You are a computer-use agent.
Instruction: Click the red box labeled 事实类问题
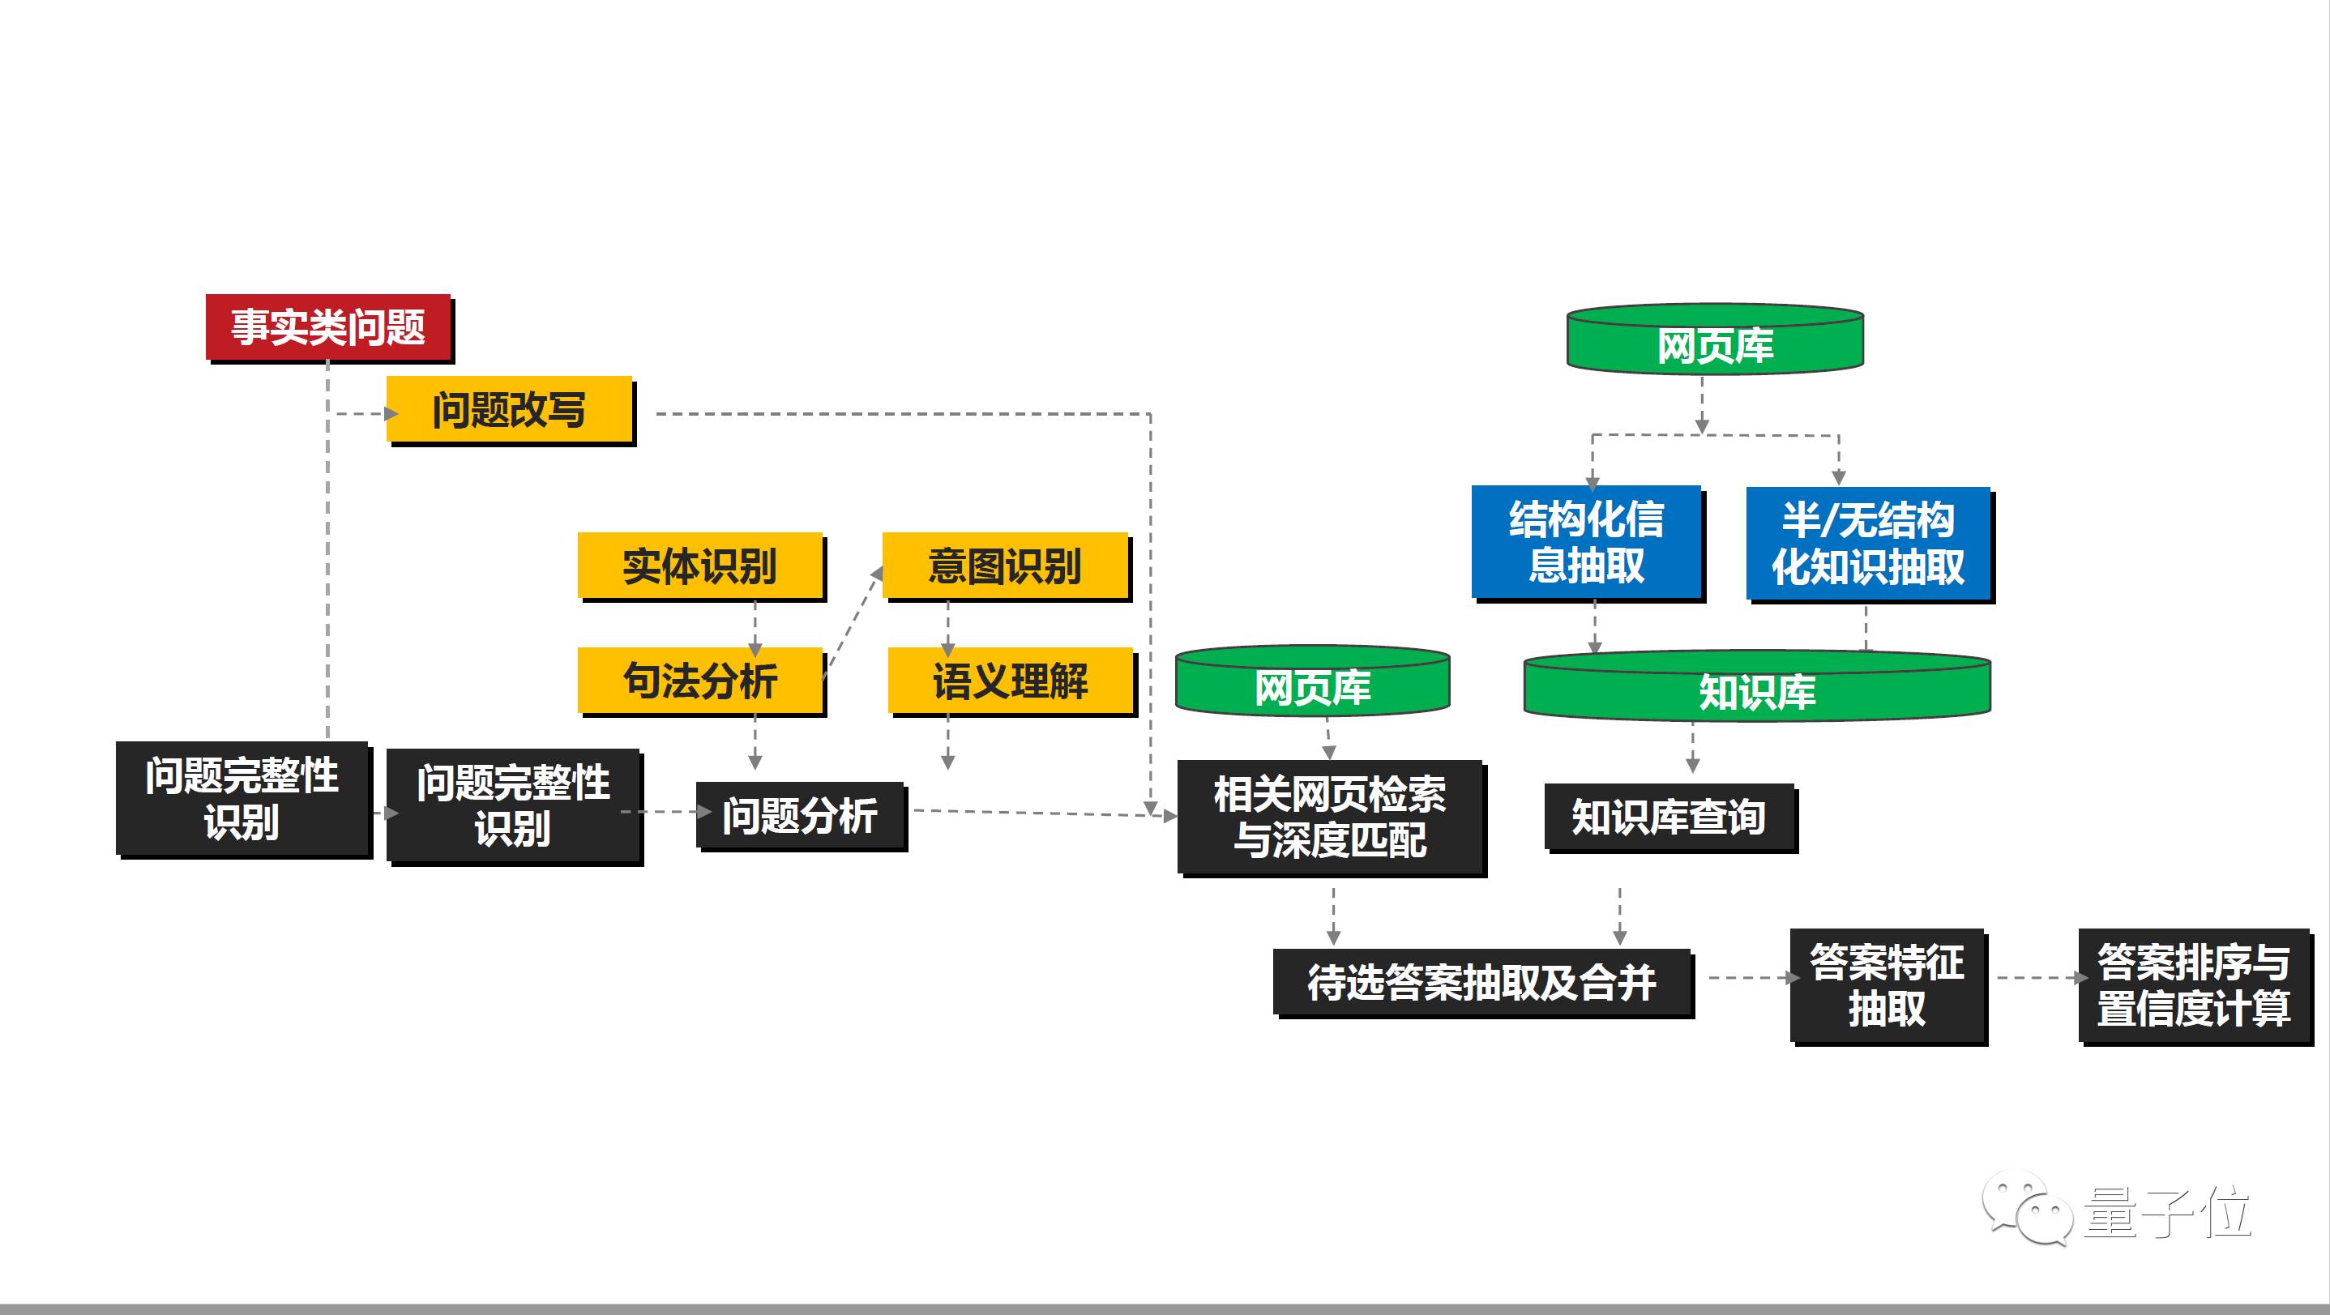click(328, 327)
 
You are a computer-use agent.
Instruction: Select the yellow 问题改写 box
click(509, 410)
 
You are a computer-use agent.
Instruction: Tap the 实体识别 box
click(700, 566)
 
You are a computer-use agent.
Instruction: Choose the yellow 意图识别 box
click(1005, 566)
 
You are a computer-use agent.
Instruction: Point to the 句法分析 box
click(700, 680)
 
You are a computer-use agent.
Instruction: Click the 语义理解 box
click(1011, 680)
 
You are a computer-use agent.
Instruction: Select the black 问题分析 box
click(801, 815)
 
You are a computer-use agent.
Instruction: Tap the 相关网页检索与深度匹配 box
click(1330, 817)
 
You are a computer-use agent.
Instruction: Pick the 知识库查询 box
click(1669, 817)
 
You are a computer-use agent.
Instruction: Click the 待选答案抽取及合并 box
click(1481, 982)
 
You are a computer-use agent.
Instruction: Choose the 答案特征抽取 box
click(1887, 985)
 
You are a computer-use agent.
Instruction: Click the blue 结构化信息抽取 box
click(1587, 542)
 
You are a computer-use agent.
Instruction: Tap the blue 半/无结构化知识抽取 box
click(1868, 544)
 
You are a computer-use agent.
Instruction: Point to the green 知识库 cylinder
click(1756, 690)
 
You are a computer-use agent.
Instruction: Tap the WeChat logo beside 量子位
click(2027, 1208)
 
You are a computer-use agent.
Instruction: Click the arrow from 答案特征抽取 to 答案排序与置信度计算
click(2035, 978)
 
